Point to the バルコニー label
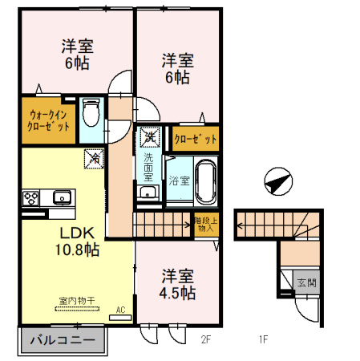coord(61,340)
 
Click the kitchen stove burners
coord(30,197)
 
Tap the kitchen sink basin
coord(61,197)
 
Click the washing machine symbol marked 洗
coord(149,138)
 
